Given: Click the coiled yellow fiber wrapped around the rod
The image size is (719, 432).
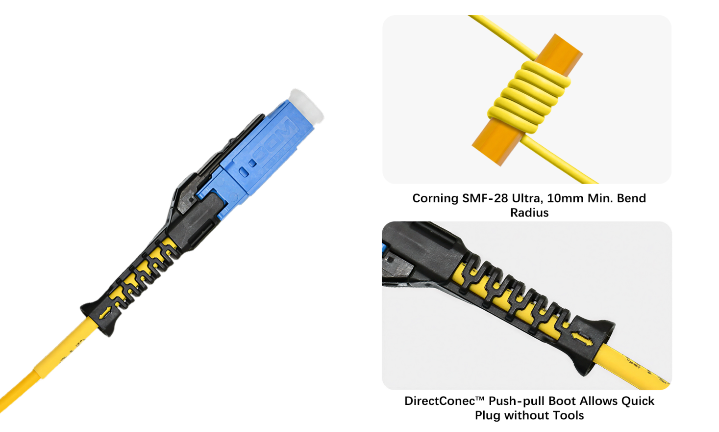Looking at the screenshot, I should pos(529,98).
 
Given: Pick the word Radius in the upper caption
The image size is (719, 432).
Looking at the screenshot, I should pos(529,213).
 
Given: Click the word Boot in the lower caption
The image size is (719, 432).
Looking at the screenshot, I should pos(563,401).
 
